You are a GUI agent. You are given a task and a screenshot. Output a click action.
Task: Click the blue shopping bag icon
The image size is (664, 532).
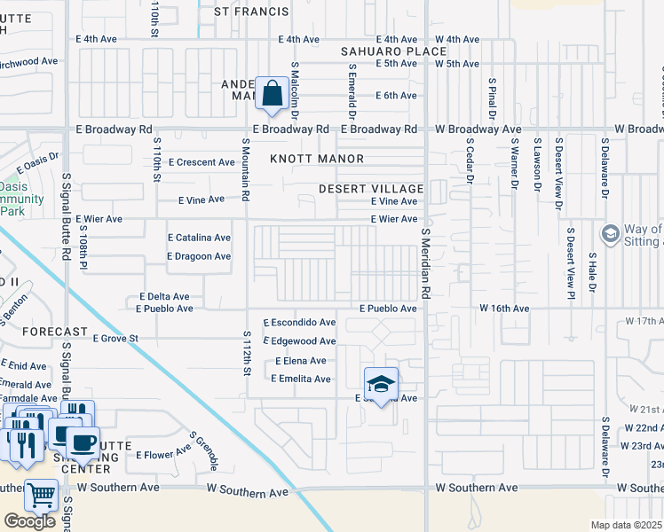[271, 92]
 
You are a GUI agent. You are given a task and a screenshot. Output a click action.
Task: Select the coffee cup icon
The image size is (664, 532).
[83, 442]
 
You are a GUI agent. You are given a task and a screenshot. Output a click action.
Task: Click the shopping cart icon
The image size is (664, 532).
[40, 496]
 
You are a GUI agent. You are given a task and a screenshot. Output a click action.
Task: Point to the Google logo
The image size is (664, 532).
[29, 521]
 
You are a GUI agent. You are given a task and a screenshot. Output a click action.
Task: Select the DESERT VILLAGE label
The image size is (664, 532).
[371, 190]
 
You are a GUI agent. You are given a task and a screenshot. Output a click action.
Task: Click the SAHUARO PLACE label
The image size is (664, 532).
[393, 52]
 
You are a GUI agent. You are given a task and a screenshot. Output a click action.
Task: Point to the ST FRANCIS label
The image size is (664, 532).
[252, 12]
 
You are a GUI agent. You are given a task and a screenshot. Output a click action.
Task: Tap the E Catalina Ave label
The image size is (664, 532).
[199, 238]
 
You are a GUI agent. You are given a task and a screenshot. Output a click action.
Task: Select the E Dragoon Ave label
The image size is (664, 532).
[199, 256]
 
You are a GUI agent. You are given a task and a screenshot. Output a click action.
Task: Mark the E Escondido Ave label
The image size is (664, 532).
[299, 322]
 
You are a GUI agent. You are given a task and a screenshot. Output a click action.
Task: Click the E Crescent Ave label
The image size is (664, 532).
[205, 162]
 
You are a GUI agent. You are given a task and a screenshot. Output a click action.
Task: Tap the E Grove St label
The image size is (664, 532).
[116, 338]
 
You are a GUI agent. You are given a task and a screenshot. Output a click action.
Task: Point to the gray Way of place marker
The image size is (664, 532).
[609, 234]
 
